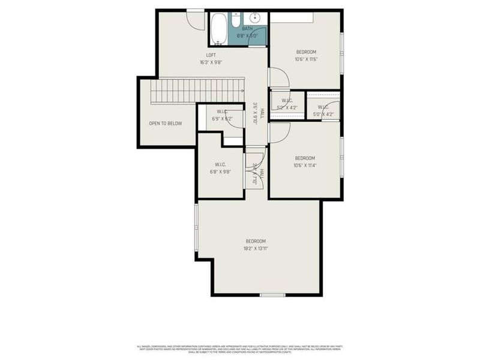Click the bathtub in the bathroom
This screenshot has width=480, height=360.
tap(218, 28)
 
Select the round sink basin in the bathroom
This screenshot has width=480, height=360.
tap(254, 18)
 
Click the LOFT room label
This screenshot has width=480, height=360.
tap(211, 55)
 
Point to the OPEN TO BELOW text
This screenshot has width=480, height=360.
tap(165, 124)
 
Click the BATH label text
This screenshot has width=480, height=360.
tap(247, 29)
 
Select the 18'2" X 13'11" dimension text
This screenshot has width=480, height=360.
tap(256, 248)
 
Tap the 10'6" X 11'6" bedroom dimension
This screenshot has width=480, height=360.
tap(305, 59)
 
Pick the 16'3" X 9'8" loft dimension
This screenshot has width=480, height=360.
tap(211, 62)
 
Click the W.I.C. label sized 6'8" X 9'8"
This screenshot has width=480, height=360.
tap(220, 164)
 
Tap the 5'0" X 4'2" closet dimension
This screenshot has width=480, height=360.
tap(322, 114)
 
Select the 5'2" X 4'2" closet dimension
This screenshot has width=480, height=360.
tap(287, 108)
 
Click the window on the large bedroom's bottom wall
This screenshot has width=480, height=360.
tap(272, 295)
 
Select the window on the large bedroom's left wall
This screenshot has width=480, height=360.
tap(196, 232)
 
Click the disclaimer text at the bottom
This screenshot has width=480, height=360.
tap(240, 349)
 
